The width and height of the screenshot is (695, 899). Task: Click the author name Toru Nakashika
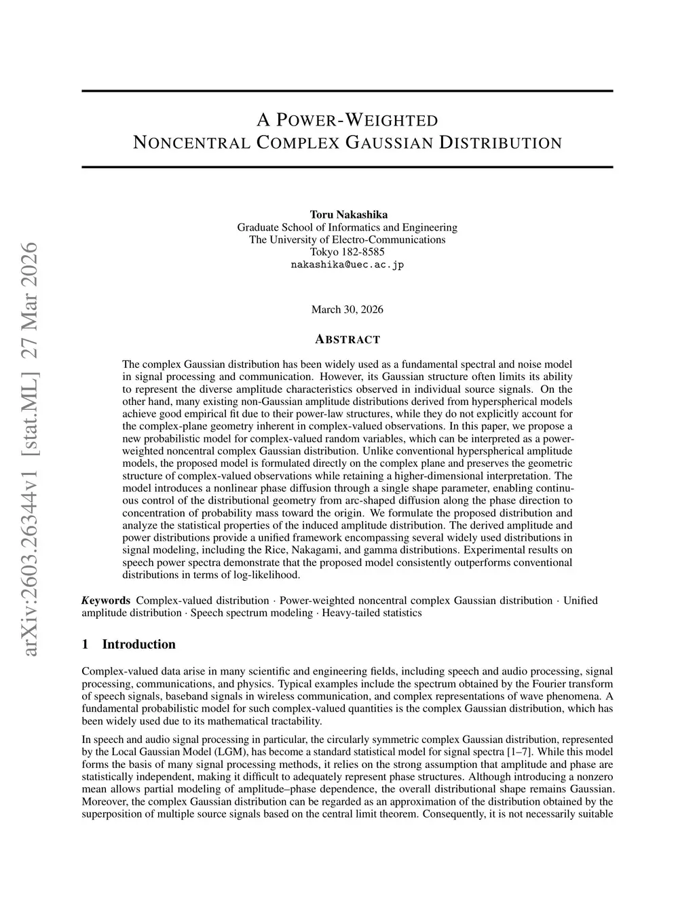click(347, 215)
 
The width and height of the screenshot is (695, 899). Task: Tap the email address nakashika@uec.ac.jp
click(347, 265)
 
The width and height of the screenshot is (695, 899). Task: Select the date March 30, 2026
click(347, 309)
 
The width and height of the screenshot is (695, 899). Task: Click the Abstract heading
click(347, 339)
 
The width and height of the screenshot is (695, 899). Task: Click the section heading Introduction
click(138, 644)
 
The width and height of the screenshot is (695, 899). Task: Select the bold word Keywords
click(106, 600)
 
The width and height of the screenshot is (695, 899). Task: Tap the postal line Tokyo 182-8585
click(347, 252)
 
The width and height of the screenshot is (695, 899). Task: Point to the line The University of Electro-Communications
click(347, 240)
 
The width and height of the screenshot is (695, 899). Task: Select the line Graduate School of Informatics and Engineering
click(347, 227)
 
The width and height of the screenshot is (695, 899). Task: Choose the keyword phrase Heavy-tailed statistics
click(372, 613)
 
